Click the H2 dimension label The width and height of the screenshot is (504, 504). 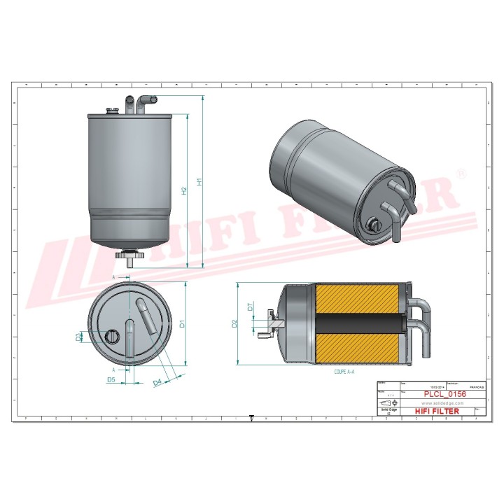click(184, 190)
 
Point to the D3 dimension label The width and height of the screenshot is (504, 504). click(78, 337)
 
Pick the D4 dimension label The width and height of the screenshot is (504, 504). click(157, 381)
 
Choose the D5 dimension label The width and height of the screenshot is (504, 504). click(111, 379)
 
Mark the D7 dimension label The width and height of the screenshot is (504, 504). click(250, 307)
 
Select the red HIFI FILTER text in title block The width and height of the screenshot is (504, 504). click(435, 411)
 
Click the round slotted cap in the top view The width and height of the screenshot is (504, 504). click(111, 337)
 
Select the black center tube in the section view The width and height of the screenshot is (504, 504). click(360, 323)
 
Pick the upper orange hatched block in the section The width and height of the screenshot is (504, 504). click(360, 298)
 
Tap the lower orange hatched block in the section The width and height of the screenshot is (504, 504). click(360, 349)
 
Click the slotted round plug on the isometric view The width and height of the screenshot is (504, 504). click(372, 225)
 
